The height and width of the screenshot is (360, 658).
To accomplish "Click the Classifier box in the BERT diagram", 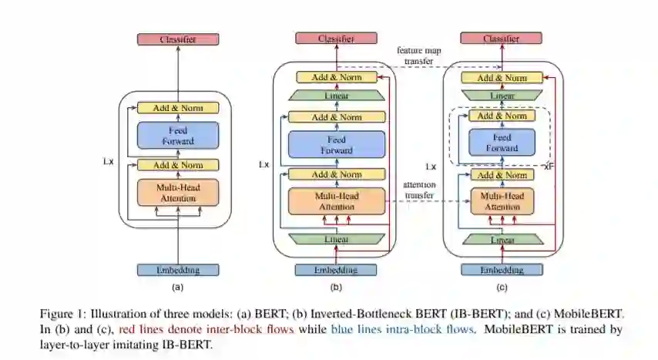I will (x=177, y=39).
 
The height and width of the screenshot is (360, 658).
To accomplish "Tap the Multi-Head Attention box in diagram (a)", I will (x=177, y=193).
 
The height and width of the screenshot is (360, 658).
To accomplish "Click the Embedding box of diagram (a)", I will (x=177, y=270).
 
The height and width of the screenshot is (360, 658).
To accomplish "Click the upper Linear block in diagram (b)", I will (x=335, y=96).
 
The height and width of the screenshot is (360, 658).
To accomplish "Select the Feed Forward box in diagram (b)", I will (x=335, y=145).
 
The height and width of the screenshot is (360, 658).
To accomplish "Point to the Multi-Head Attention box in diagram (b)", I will (x=335, y=201).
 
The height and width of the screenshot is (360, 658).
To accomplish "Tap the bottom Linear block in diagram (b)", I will (x=335, y=240).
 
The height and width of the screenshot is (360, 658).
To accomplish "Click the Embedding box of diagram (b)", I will (x=335, y=270).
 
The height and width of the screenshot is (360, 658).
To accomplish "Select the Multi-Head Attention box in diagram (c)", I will (x=502, y=201).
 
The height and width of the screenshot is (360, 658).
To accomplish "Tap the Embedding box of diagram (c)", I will (x=502, y=270).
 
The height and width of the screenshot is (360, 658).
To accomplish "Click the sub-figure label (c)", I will (x=502, y=288).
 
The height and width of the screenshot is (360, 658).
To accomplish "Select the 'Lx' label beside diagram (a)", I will (x=108, y=161).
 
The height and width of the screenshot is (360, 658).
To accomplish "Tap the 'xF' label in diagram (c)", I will (x=549, y=166).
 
